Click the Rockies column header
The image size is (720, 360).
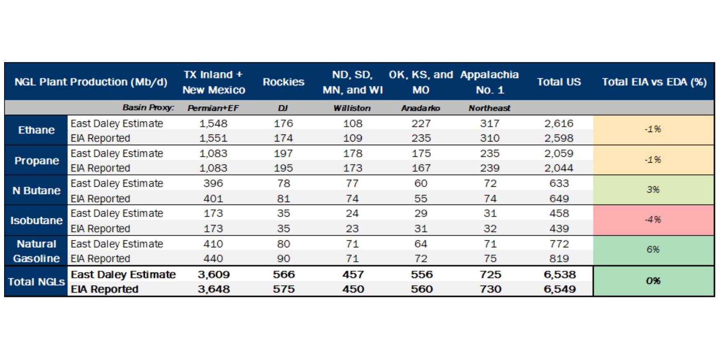[283, 82]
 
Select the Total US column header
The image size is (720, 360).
[559, 82]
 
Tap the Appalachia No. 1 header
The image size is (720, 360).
[489, 82]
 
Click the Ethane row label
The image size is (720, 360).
[36, 130]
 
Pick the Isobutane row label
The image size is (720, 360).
[36, 221]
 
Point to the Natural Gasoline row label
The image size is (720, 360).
[36, 251]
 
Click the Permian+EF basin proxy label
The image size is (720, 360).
[213, 108]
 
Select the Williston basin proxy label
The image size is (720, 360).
[352, 108]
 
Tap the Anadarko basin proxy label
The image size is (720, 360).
[420, 108]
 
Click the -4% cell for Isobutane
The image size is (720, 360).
[653, 220]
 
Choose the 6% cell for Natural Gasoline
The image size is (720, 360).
[653, 250]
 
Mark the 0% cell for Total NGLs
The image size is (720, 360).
[653, 281]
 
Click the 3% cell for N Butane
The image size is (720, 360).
[653, 190]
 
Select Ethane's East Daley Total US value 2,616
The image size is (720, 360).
[559, 123]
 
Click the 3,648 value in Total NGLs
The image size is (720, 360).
[214, 289]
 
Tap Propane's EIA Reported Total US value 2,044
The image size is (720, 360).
[559, 168]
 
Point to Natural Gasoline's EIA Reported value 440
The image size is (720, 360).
[213, 258]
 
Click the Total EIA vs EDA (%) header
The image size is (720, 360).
[654, 82]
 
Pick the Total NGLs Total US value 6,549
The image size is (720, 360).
[560, 289]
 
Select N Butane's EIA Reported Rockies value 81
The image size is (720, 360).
[283, 199]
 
